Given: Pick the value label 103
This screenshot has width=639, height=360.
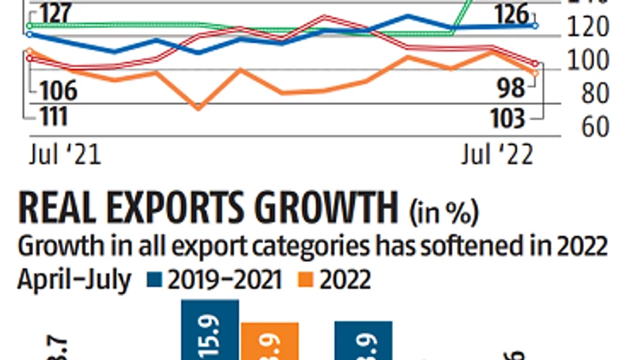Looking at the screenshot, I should tap(508, 118).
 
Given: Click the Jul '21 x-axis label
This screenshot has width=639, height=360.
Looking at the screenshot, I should tap(66, 154).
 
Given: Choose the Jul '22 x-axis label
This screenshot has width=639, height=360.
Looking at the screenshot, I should tap(497, 154).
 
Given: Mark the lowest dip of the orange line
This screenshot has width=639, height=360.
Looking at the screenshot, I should tap(198, 108).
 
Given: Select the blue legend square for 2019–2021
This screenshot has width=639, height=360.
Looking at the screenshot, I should tap(153, 279).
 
